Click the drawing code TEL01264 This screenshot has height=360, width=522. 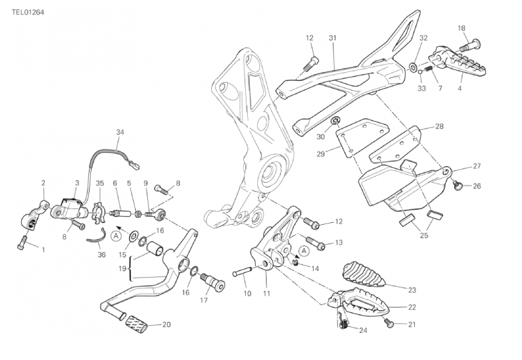(x=28, y=12)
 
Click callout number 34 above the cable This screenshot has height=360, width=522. (x=120, y=132)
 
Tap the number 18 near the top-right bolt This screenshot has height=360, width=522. (x=462, y=28)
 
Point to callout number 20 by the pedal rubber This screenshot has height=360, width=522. (x=166, y=325)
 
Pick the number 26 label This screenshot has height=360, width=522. (x=477, y=186)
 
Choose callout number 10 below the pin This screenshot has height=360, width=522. (x=247, y=293)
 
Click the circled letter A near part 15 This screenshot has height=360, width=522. (x=116, y=236)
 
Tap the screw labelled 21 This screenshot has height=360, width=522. (x=389, y=324)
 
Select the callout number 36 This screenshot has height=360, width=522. (x=102, y=255)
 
